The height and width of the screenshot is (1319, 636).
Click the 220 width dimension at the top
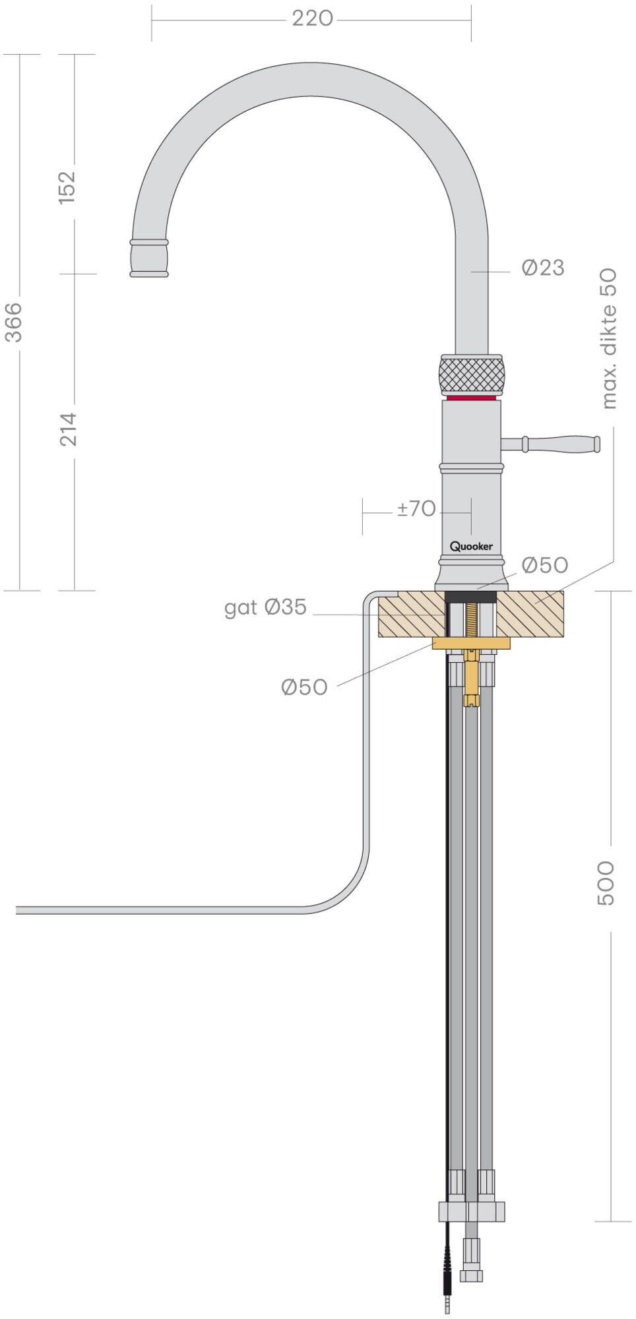pyautogui.click(x=312, y=19)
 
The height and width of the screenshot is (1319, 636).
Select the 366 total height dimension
pyautogui.click(x=14, y=322)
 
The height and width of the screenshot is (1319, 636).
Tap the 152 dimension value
pyautogui.click(x=68, y=187)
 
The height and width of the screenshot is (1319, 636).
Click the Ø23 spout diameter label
pyautogui.click(x=542, y=268)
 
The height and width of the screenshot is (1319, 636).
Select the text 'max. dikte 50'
pyautogui.click(x=609, y=338)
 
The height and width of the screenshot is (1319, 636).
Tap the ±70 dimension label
pyautogui.click(x=416, y=508)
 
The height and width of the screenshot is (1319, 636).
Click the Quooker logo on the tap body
pyautogui.click(x=471, y=546)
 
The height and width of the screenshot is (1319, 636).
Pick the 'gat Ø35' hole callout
pyautogui.click(x=265, y=607)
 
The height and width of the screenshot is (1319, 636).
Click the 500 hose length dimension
pyautogui.click(x=605, y=882)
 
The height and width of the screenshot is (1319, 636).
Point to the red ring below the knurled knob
pyautogui.click(x=470, y=398)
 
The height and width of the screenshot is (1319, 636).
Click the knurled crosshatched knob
pyautogui.click(x=471, y=375)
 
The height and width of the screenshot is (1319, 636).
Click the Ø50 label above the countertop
pyautogui.click(x=544, y=565)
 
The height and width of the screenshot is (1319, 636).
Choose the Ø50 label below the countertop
pyautogui.click(x=304, y=687)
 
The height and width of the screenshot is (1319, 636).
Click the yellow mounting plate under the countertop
pyautogui.click(x=471, y=643)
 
